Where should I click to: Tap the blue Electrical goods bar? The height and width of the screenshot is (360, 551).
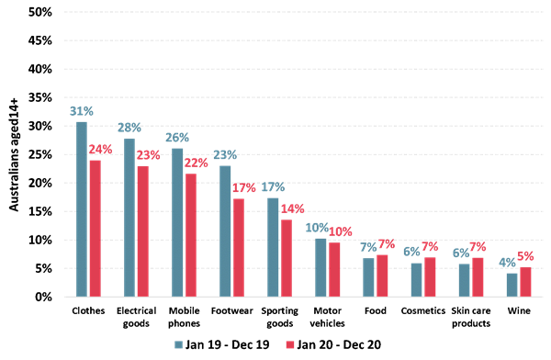(x=131, y=217)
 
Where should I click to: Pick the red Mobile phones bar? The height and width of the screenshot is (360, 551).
(x=191, y=235)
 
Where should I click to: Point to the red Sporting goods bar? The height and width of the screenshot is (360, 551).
(x=287, y=258)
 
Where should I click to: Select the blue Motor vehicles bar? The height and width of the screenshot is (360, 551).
(x=322, y=267)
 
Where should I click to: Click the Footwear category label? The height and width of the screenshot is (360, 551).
(x=233, y=311)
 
